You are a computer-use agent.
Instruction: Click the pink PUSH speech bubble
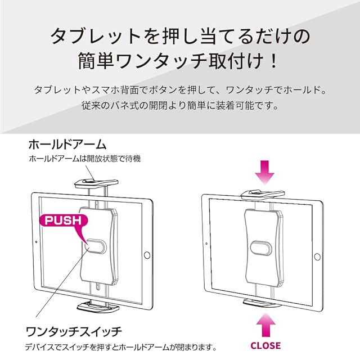pyautogui.click(x=63, y=222)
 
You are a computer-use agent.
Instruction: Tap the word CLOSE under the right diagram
pyautogui.click(x=265, y=345)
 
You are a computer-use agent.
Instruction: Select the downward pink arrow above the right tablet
pyautogui.click(x=265, y=172)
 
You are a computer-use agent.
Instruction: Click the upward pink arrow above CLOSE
pyautogui.click(x=265, y=325)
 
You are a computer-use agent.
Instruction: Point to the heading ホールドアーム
pyautogui.click(x=67, y=145)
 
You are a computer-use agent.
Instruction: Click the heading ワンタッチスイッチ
pyautogui.click(x=74, y=332)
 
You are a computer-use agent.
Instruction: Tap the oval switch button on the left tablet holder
pyautogui.click(x=96, y=246)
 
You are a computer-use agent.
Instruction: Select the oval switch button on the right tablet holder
pyautogui.click(x=261, y=248)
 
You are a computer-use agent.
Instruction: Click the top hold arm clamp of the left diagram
pyautogui.click(x=96, y=183)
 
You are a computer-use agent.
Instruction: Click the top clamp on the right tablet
pyautogui.click(x=263, y=194)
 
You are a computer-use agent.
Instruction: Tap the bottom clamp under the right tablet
pyautogui.click(x=262, y=304)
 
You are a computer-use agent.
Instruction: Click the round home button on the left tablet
pyautogui.click(x=147, y=255)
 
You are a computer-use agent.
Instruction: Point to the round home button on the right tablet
pyautogui.click(x=317, y=257)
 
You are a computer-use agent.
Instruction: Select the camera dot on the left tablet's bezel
pyautogui.click(x=36, y=242)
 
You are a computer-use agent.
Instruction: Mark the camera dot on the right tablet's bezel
pyautogui.click(x=206, y=244)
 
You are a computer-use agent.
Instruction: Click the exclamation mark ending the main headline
pyautogui.click(x=273, y=61)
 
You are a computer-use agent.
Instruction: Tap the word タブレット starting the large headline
pyautogui.click(x=95, y=36)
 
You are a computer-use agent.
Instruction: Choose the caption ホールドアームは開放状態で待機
pyautogui.click(x=85, y=159)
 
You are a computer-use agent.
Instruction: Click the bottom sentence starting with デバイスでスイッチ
pyautogui.click(x=121, y=347)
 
